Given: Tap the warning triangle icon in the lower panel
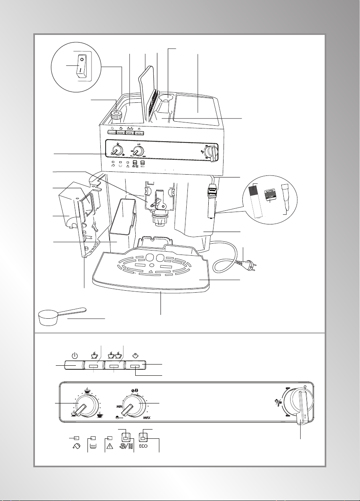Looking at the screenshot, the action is click(x=110, y=452).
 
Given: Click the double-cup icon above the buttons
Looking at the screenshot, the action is click(x=114, y=355).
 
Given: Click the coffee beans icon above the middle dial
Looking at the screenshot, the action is click(x=135, y=391).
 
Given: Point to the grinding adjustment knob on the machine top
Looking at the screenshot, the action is click(x=116, y=115).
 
